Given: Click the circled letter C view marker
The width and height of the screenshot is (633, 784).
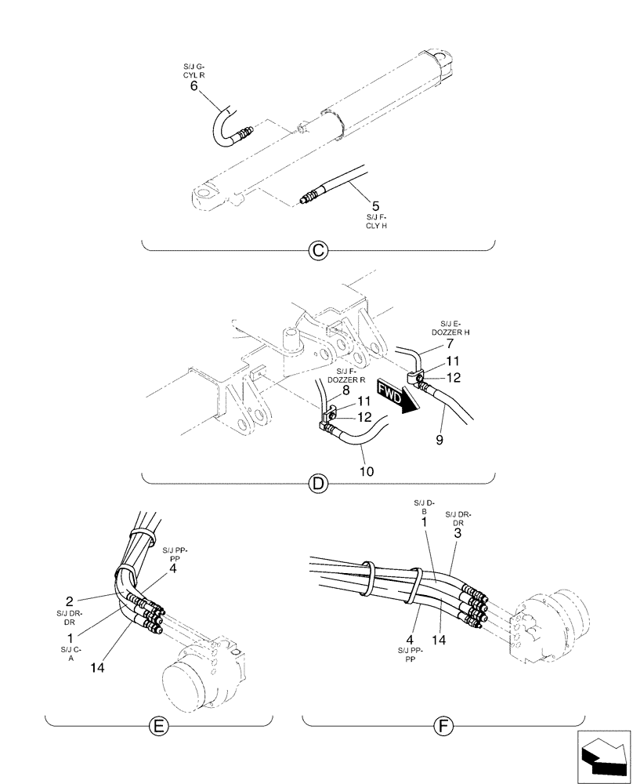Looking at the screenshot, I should [317, 250].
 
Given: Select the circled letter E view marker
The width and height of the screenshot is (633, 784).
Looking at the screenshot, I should [158, 727].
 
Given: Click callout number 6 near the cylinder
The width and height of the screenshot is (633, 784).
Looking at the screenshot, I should [194, 86].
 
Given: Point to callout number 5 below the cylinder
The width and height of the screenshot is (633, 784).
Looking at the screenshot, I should [376, 207].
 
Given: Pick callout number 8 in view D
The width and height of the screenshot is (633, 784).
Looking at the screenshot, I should [345, 390].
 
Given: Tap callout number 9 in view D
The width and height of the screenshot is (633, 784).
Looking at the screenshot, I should [439, 441].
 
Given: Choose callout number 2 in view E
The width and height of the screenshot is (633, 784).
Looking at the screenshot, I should [70, 601].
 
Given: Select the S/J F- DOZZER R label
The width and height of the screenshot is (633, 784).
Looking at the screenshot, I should [352, 375].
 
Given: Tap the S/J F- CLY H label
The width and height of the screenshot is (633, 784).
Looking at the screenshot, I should [377, 221].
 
